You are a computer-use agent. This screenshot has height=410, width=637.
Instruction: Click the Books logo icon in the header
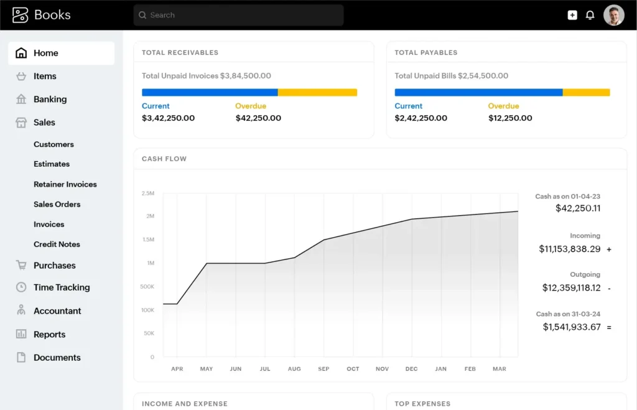coord(20,15)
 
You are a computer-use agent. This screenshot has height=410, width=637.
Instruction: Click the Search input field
coord(238,15)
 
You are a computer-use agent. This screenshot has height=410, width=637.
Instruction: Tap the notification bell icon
coord(590,15)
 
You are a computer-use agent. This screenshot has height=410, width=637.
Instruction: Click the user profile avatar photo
coord(613,15)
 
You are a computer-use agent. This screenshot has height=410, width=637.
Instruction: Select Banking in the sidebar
coord(50,99)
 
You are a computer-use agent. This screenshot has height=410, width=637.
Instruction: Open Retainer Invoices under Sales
coord(65,184)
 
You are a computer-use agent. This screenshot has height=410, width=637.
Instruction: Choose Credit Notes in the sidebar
coord(57,244)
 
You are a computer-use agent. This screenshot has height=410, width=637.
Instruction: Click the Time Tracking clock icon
coord(21,287)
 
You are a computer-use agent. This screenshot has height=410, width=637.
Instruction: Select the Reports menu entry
coord(49,334)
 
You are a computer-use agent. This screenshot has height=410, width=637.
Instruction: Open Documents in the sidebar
coord(57,357)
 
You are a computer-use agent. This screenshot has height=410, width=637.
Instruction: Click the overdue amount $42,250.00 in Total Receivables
coord(258,118)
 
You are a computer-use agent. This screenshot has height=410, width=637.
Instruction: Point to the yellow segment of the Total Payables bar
coord(586,92)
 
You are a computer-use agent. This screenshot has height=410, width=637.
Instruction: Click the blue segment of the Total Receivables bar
coord(210,92)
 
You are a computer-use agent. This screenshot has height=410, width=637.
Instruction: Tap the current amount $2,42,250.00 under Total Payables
coord(421,118)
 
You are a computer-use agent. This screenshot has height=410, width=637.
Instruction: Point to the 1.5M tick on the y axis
coord(148,240)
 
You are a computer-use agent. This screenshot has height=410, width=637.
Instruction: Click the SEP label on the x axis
coord(323,369)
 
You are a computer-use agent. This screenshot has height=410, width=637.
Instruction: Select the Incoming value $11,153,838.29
coord(569,249)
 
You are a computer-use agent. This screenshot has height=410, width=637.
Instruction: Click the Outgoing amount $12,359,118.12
coord(571,287)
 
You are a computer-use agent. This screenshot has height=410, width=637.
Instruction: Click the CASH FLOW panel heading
coord(164,159)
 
